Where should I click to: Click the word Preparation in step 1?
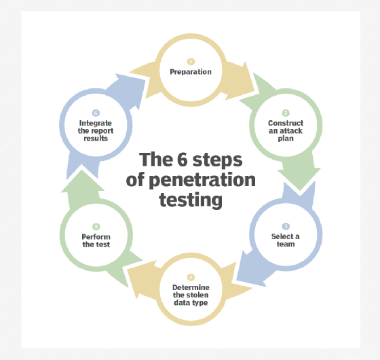[x=191, y=72]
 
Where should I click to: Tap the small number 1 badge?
[x=191, y=62]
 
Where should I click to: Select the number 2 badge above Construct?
[x=286, y=113]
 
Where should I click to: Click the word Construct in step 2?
[x=286, y=123]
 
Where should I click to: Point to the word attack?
[x=290, y=130]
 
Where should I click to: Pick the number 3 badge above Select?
[x=286, y=226]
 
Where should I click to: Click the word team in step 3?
[x=286, y=244]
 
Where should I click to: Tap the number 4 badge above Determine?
[x=191, y=277]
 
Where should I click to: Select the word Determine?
[x=191, y=287]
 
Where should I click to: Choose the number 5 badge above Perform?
[x=96, y=227]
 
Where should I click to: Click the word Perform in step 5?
[x=96, y=237]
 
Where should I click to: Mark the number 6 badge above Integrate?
[x=96, y=113]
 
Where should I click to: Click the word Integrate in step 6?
[x=96, y=123]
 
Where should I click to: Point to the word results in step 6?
[x=96, y=139]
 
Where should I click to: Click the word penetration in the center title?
[x=202, y=181]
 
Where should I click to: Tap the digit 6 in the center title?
[x=183, y=160]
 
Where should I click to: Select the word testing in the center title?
[x=191, y=200]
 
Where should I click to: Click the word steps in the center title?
[x=217, y=160]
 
